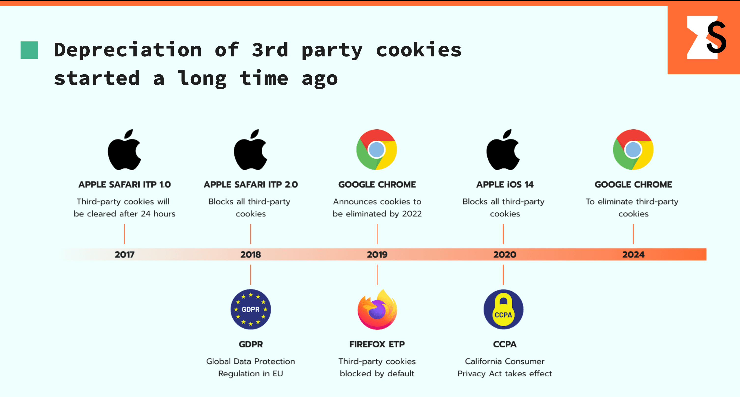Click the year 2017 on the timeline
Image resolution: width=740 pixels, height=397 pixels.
[124, 254]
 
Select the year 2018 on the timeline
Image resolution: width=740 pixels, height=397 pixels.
[251, 254]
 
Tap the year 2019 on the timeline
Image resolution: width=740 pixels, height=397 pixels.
[377, 254]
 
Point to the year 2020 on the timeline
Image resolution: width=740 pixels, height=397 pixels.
[504, 254]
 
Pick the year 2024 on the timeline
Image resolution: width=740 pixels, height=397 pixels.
[633, 254]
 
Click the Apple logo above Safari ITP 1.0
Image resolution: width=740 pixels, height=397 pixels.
[124, 150]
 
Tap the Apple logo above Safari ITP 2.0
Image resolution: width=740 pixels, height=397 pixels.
[251, 150]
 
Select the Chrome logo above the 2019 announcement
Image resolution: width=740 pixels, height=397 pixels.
[377, 149]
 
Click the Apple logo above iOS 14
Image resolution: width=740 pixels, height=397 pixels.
[503, 150]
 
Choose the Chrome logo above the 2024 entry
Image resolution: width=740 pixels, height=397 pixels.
[633, 149]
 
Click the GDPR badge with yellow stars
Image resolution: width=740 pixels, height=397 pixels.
[251, 309]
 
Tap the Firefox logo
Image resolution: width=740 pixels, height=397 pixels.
[377, 309]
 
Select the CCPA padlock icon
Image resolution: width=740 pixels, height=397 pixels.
[503, 309]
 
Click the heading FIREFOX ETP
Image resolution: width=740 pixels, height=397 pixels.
[377, 344]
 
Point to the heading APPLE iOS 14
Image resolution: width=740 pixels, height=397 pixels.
[505, 184]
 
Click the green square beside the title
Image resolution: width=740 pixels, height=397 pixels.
[29, 50]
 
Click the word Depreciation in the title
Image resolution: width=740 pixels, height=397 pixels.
[128, 50]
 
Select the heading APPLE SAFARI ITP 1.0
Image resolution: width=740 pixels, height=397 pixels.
[124, 184]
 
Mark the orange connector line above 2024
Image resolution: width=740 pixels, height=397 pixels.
[633, 234]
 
